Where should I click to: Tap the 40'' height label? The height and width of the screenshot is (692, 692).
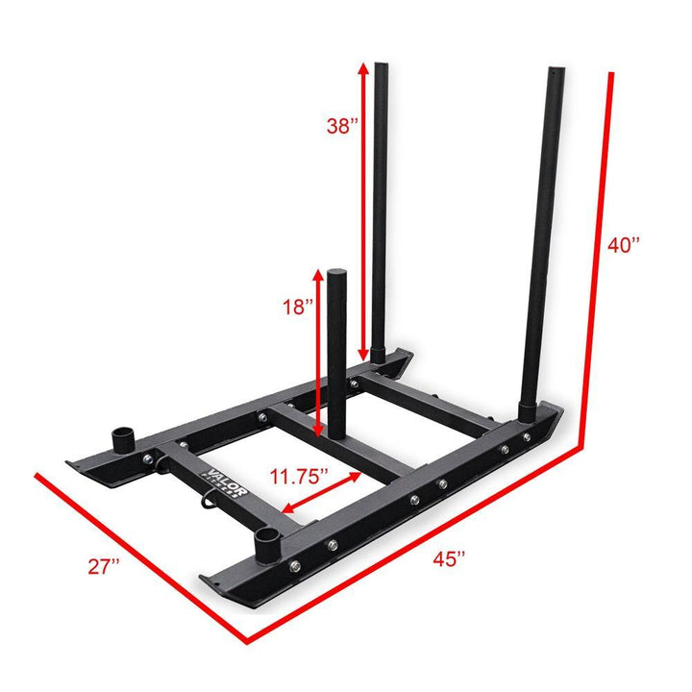tap(627, 245)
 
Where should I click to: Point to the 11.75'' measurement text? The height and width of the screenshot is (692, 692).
tap(299, 476)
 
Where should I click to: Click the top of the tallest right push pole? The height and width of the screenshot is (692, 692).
tap(556, 73)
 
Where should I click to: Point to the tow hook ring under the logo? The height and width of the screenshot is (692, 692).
tap(204, 499)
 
